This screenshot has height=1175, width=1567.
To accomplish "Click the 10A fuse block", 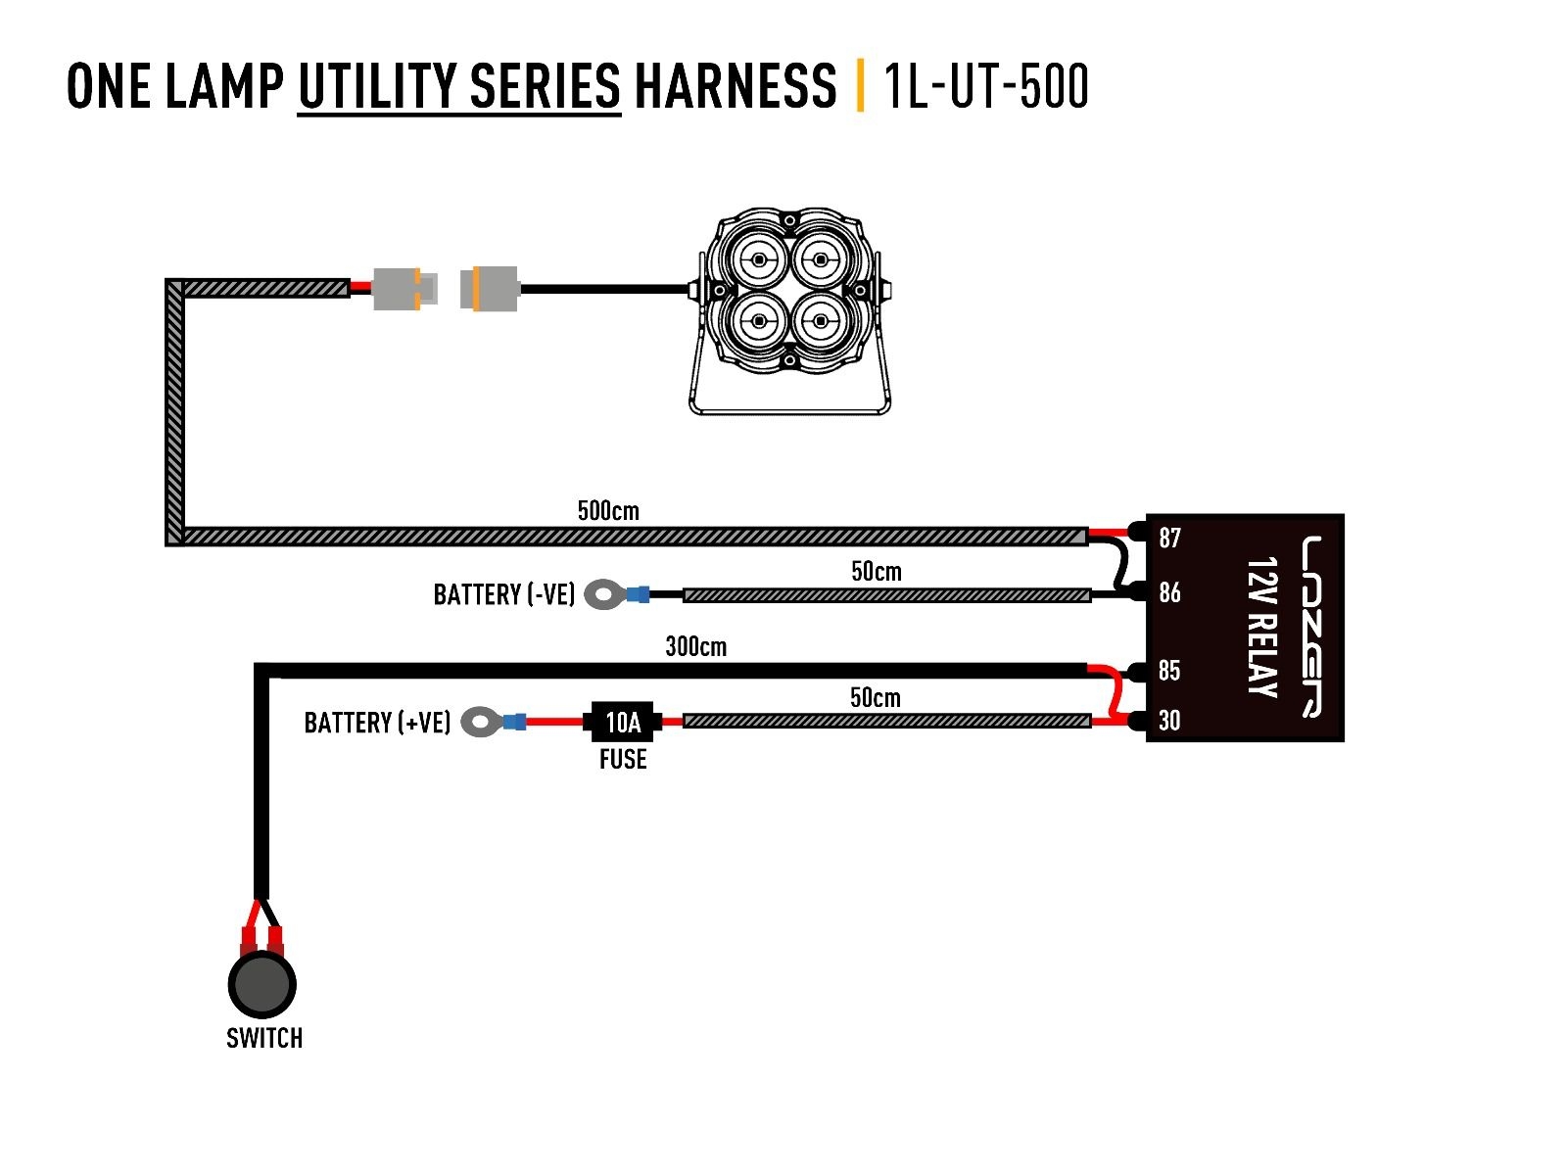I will (622, 723).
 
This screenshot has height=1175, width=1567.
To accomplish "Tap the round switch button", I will (261, 985).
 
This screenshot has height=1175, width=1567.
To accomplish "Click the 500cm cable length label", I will (608, 511).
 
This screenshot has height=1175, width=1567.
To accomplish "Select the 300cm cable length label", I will (695, 646).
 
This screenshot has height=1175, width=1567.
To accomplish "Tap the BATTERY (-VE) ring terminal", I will (605, 594).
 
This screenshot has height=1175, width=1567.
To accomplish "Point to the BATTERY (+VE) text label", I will (377, 723).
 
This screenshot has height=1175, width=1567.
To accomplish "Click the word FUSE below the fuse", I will (623, 760).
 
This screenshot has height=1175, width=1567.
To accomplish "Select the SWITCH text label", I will (264, 1038).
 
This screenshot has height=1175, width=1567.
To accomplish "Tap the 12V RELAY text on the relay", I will (1262, 628).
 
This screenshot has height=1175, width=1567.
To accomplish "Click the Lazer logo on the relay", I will (1312, 628).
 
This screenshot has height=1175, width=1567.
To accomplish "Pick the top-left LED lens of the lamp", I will (758, 259).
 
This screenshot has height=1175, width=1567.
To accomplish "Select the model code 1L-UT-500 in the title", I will (985, 86).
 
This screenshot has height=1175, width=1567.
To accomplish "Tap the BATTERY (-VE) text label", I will (503, 594).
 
